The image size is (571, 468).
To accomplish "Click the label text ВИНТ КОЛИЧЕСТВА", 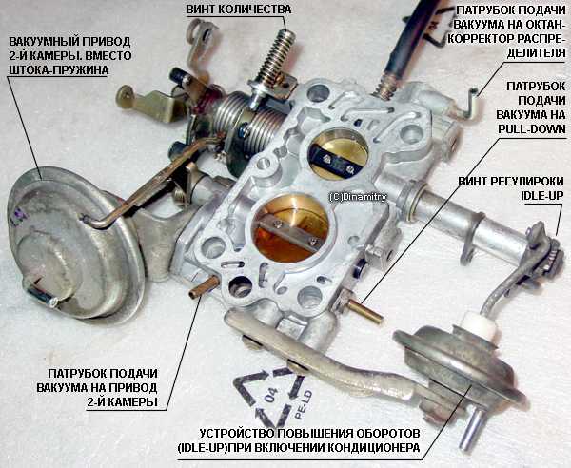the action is [x=239, y=10].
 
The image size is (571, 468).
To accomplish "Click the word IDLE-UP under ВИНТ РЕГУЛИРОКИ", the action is [x=541, y=195].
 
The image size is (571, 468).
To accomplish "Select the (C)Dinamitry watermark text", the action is [x=358, y=197].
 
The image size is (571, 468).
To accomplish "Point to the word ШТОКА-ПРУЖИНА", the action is [x=58, y=69].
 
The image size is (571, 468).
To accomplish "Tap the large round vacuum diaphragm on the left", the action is [x=74, y=244].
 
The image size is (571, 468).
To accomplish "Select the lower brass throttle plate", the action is [x=291, y=230].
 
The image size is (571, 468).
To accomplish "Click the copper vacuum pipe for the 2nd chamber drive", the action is [x=204, y=286].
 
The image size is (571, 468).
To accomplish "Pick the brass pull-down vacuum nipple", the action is [x=364, y=312].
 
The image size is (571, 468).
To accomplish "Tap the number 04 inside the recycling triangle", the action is [x=271, y=395].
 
